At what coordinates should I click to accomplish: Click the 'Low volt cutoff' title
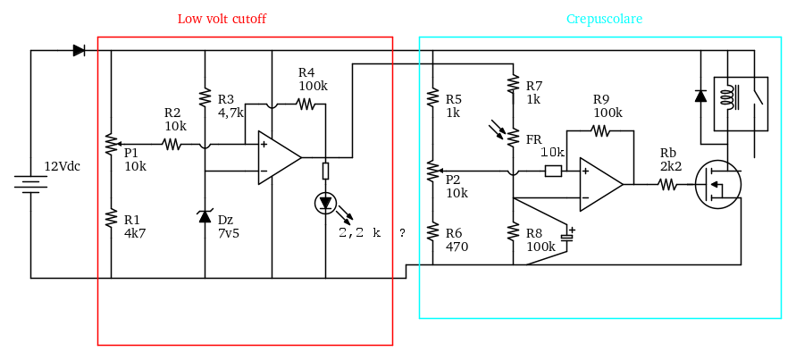tap(222, 19)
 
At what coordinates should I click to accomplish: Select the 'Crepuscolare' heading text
tap(604, 19)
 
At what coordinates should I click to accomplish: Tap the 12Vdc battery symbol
tap(30, 183)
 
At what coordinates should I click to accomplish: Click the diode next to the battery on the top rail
tap(80, 51)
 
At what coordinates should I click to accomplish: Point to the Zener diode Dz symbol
tap(205, 215)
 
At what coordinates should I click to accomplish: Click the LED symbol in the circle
tap(325, 204)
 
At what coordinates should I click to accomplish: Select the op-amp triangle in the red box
tap(278, 157)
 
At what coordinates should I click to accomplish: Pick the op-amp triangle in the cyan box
tap(599, 184)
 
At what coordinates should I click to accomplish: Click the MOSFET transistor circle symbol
tap(717, 185)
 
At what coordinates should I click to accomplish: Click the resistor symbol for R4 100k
tap(306, 104)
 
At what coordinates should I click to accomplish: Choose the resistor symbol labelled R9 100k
tap(600, 130)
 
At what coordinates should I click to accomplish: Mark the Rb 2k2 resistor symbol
tap(667, 185)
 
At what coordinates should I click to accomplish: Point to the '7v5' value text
tap(229, 233)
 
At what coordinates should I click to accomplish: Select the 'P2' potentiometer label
tap(454, 180)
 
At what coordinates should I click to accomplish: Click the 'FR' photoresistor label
tap(533, 139)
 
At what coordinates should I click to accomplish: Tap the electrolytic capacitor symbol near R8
tap(567, 238)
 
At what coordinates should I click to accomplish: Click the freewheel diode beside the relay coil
tap(700, 96)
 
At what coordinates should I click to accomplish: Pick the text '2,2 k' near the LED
tap(360, 232)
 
